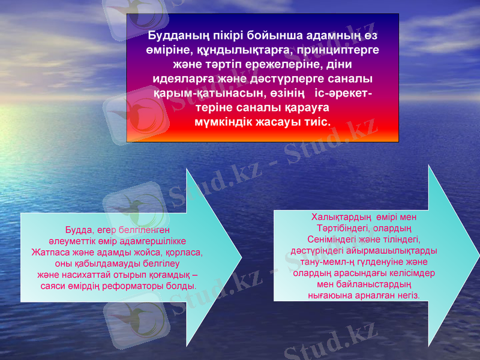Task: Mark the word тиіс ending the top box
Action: pyautogui.click(x=317, y=122)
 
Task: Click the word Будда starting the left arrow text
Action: pyautogui.click(x=77, y=230)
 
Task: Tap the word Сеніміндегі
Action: pyautogui.click(x=323, y=239)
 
